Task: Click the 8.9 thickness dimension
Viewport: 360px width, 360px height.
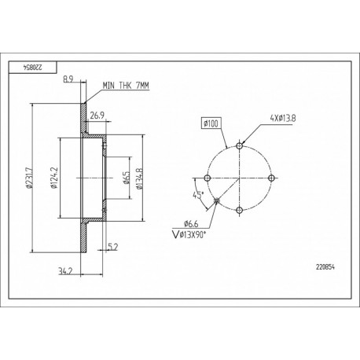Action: coord(68,79)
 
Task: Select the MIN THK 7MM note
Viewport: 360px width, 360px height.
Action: coord(126,86)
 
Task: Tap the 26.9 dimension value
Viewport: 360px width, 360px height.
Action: coord(97,116)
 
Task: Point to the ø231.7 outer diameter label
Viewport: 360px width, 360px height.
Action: coord(29,178)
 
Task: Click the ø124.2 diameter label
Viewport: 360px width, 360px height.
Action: coord(54,178)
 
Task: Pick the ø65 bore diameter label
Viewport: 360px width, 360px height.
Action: coord(127,178)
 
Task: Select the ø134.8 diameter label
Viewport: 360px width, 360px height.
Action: coord(139,178)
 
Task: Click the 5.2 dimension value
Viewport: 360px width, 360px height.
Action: coord(113,246)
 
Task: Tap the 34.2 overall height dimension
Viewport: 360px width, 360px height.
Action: coord(65,271)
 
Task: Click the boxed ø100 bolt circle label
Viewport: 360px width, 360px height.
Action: coord(211,123)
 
